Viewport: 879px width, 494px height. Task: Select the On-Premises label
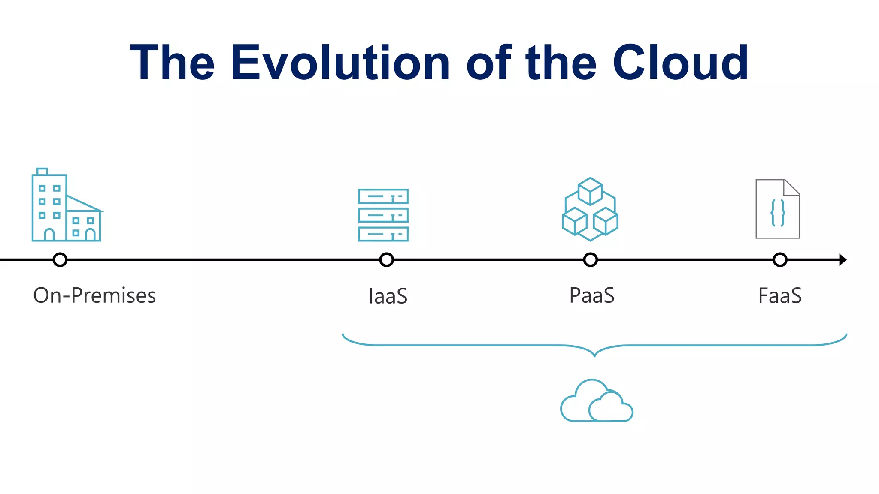coord(94,295)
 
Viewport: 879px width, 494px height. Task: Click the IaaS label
coord(388,296)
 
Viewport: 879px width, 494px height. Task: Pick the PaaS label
coord(591,295)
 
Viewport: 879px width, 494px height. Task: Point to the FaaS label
coord(780,295)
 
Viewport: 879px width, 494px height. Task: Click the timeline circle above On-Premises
coord(60,260)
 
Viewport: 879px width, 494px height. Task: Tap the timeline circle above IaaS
coord(387,260)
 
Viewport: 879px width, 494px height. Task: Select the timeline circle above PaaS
coord(591,260)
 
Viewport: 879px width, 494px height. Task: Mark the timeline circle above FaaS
coord(780,260)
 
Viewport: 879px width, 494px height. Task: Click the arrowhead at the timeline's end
coord(843,260)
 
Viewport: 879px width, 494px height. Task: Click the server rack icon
coord(383,215)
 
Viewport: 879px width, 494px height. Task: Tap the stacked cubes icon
coord(590,209)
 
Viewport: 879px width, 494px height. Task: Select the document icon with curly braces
coord(778,209)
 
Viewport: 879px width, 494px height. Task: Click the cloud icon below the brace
coord(597,401)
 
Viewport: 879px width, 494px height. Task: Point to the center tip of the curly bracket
coord(594,355)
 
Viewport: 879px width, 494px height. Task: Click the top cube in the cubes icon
coord(590,191)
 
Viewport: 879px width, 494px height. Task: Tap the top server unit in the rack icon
coord(383,196)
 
